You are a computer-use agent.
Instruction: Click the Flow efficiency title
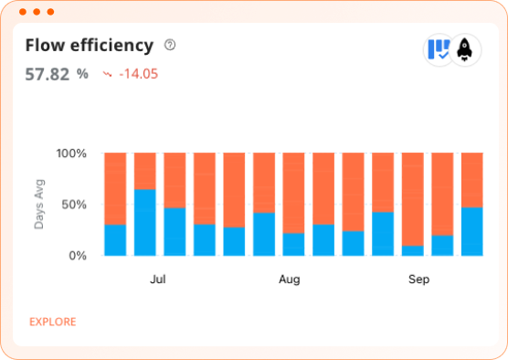coord(89,46)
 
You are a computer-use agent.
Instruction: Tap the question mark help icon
coord(169,45)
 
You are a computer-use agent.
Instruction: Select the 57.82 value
coord(48,74)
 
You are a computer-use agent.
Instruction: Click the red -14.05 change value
coord(138,74)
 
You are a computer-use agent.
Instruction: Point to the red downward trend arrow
coord(108,74)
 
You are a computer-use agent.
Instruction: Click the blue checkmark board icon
coord(439,48)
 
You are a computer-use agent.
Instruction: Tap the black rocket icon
coord(465,48)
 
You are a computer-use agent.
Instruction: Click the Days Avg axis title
coord(39,204)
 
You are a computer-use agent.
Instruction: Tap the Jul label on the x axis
coord(158,279)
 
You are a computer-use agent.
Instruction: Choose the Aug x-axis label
coord(289,279)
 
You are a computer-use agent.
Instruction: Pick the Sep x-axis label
coord(418,279)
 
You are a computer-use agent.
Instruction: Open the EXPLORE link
coord(52,322)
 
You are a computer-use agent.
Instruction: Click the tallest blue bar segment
coord(145,222)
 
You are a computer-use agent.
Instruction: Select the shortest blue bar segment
coord(413,250)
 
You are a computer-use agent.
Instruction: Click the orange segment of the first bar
coord(115,188)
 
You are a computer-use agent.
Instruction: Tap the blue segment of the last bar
coord(472,231)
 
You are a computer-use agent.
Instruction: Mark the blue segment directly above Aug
coord(293,244)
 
